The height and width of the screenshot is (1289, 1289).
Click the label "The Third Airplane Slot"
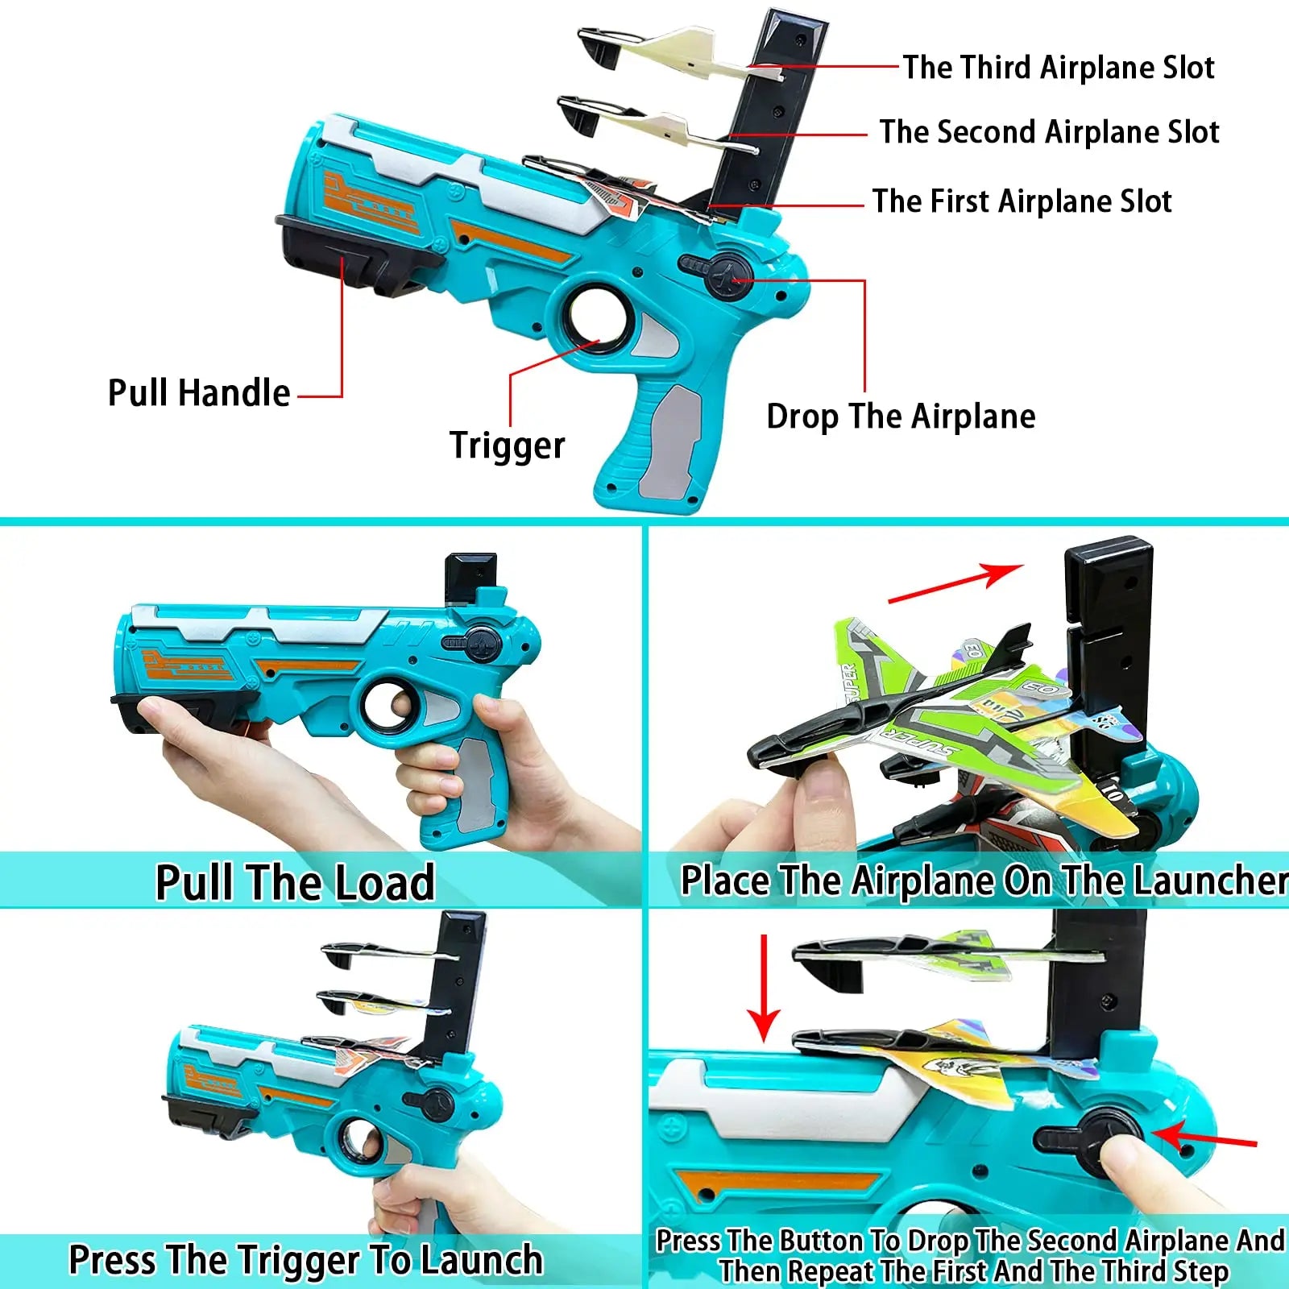tap(1058, 68)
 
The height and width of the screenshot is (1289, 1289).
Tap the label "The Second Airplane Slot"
tap(1049, 132)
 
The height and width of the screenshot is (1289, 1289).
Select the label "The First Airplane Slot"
tap(1022, 201)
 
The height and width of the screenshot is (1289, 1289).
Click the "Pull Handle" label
tap(199, 393)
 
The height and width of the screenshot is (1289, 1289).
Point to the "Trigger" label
tap(508, 446)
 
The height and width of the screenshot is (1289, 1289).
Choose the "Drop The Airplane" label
tap(901, 417)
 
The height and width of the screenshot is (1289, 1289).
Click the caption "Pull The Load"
tap(295, 882)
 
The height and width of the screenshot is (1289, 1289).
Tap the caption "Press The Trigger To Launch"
tap(306, 1260)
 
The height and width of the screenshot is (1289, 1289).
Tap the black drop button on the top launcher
tap(727, 277)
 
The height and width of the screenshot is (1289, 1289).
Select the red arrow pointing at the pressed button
tap(1205, 1138)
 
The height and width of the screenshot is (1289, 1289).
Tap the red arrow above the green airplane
tap(955, 583)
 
